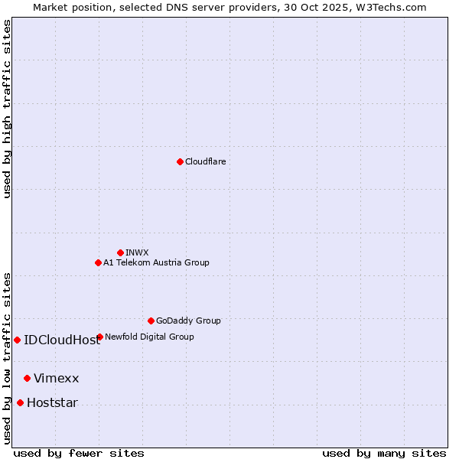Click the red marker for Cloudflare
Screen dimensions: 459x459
tap(180, 161)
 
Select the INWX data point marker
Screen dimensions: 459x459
tap(120, 252)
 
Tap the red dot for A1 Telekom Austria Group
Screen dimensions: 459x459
tap(98, 262)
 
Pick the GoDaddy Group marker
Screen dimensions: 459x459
tap(151, 321)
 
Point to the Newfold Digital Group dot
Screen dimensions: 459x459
tap(99, 337)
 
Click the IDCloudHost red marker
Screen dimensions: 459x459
tap(17, 340)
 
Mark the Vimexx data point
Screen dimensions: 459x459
tap(27, 378)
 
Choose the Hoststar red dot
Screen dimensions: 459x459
tap(20, 402)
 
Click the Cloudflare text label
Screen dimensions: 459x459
tap(205, 161)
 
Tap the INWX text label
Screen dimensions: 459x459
tap(137, 252)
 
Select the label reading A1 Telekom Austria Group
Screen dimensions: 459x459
tap(156, 262)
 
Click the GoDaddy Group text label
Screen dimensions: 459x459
tap(188, 321)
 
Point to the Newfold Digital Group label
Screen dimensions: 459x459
tap(149, 337)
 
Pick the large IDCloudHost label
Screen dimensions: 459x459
tap(62, 340)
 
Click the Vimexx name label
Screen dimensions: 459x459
tap(56, 379)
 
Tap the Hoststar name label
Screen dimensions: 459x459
tap(52, 403)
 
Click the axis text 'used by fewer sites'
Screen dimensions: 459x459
tap(79, 453)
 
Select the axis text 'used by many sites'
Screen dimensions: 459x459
tap(384, 453)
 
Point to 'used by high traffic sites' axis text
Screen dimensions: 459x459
tap(7, 109)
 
